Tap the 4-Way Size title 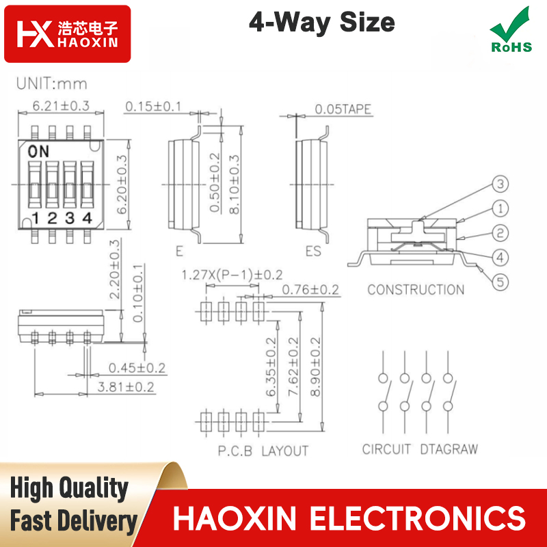pyautogui.click(x=321, y=23)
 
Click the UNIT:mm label pyautogui.click(x=52, y=83)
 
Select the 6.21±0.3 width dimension pyautogui.click(x=61, y=106)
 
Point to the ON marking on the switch pyautogui.click(x=38, y=151)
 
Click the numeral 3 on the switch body pyautogui.click(x=70, y=218)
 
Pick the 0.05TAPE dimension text pyautogui.click(x=343, y=109)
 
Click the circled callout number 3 pyautogui.click(x=501, y=184)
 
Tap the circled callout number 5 pyautogui.click(x=501, y=282)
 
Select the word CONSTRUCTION pyautogui.click(x=416, y=289)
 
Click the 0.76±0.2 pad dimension pyautogui.click(x=310, y=289)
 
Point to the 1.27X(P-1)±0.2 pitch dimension pyautogui.click(x=232, y=275)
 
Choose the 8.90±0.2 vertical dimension pyautogui.click(x=315, y=366)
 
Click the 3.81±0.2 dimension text pyautogui.click(x=126, y=387)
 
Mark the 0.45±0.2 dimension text pyautogui.click(x=137, y=368)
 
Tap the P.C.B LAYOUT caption pyautogui.click(x=263, y=451)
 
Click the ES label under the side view pyautogui.click(x=313, y=251)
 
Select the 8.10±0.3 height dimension pyautogui.click(x=235, y=184)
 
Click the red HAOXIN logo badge pyautogui.click(x=67, y=34)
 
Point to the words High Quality pyautogui.click(x=69, y=488)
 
